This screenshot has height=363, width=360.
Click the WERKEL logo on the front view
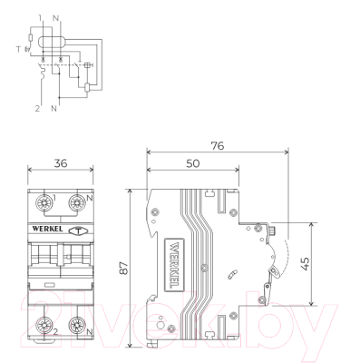pos(44,230)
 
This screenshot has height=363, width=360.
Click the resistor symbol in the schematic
pos(30,37)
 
